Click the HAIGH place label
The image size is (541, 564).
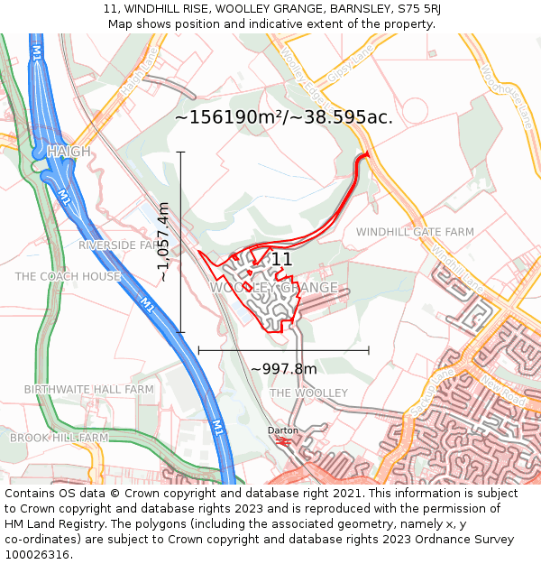coord(69,152)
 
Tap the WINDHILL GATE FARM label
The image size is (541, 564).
coord(415,232)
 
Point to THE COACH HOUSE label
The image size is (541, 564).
coord(68,276)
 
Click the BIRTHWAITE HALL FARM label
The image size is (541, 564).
coord(88,390)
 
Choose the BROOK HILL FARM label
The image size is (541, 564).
coord(59,438)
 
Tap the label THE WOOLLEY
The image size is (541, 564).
coord(308,393)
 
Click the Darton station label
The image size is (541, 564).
coord(282,430)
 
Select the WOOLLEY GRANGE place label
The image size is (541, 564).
coord(274,288)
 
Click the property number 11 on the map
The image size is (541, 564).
coord(281,260)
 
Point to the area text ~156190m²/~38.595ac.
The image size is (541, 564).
coord(283,117)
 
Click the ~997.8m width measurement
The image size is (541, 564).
coord(283,369)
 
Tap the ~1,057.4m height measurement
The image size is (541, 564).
coord(163,242)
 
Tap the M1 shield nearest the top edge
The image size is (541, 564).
coord(37,54)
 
